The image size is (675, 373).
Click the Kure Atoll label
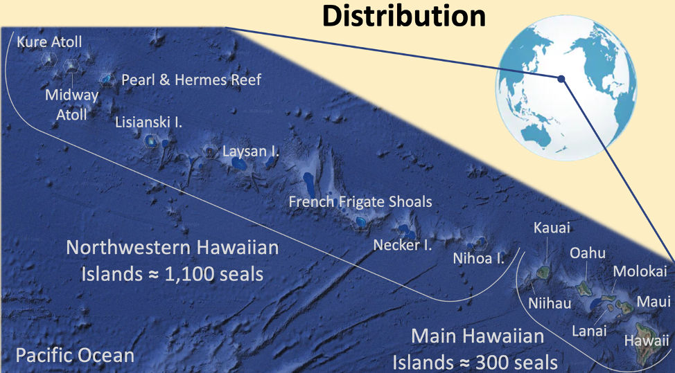[49, 42]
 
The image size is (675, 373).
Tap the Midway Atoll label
[67, 103]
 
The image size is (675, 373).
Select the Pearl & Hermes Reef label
[191, 80]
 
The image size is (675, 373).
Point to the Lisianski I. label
[149, 122]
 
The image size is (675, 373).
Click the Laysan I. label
[251, 150]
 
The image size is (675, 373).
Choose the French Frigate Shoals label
[360, 201]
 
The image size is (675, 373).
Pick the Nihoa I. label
[478, 259]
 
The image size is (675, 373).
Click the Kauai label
[552, 228]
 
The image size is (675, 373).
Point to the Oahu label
[587, 253]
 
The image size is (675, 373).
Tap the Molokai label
[640, 271]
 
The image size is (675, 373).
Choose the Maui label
[654, 302]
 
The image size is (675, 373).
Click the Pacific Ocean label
[75, 356]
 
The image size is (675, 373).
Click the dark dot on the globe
[562, 79]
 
